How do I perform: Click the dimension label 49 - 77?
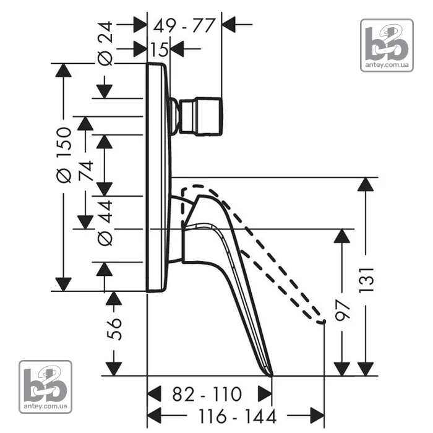(x=184, y=25)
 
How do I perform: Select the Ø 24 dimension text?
(x=106, y=43)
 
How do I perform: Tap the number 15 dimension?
(x=160, y=49)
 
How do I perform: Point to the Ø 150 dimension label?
(x=64, y=155)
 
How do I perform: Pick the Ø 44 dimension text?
(x=106, y=223)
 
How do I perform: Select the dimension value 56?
(x=114, y=329)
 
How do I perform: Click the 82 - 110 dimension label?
(x=207, y=394)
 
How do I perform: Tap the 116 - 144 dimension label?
(x=238, y=416)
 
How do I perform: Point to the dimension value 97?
(x=342, y=311)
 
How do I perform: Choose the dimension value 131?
(x=366, y=280)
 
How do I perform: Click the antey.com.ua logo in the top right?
(x=387, y=46)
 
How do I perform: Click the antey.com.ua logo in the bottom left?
(x=46, y=387)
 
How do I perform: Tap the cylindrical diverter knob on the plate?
(x=200, y=116)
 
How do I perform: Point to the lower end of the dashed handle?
(x=322, y=322)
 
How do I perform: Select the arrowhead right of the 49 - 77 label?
(x=228, y=25)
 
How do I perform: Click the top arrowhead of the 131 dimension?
(x=366, y=184)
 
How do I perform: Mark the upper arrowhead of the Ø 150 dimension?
(x=64, y=71)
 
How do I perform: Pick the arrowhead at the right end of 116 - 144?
(x=317, y=415)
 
